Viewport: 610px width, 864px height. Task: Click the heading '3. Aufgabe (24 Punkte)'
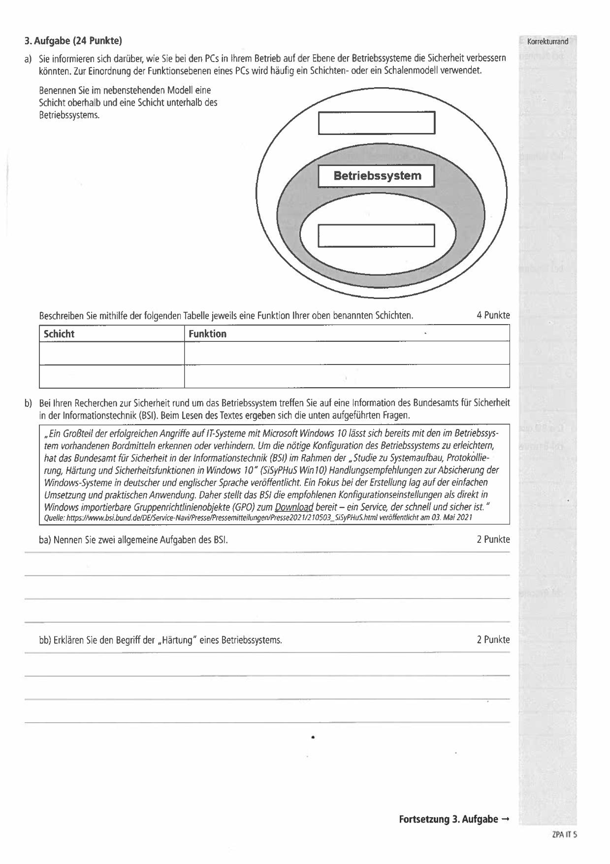click(x=73, y=40)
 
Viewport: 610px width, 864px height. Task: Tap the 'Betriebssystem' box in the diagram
click(x=377, y=176)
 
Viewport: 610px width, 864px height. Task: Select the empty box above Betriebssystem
click(x=377, y=123)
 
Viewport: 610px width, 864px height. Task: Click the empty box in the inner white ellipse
click(x=377, y=235)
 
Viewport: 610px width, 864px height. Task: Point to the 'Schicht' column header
click(x=59, y=333)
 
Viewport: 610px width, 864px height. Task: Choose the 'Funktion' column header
click(x=207, y=333)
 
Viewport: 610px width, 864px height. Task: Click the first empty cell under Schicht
click(x=111, y=353)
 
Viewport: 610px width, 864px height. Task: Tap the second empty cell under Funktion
click(x=347, y=376)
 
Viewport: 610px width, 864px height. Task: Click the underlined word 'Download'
click(x=294, y=507)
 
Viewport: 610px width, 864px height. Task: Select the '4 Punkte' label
click(x=493, y=315)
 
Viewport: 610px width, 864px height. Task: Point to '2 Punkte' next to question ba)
click(x=493, y=539)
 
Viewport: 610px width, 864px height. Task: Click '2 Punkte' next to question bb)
click(x=493, y=640)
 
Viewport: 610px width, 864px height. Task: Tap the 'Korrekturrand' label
click(x=547, y=42)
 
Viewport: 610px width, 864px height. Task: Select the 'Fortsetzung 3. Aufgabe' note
click(x=454, y=820)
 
